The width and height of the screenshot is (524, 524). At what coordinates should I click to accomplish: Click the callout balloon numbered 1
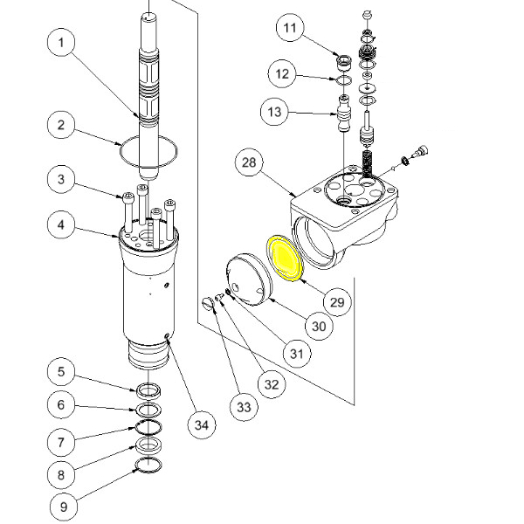61,42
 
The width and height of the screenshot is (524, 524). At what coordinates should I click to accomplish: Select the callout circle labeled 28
249,162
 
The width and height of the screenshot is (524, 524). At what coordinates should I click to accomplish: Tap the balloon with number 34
202,425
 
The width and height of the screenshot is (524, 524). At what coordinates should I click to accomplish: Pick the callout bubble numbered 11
290,27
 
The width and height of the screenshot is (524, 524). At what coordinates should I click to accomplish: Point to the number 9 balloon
64,507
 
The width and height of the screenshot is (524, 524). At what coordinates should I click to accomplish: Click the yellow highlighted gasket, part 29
285,258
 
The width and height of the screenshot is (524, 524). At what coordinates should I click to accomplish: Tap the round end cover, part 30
249,279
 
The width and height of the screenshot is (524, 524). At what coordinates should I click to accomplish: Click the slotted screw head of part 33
208,304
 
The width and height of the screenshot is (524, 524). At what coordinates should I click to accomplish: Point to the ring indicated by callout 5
149,390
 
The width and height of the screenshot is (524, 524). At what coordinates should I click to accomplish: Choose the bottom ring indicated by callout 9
149,465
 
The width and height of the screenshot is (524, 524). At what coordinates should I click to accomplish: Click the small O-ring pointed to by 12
343,80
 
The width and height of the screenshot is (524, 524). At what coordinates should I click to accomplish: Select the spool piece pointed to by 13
344,113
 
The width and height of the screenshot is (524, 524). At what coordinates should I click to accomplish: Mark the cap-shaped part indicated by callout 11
343,63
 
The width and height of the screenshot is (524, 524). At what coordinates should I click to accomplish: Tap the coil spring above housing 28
368,164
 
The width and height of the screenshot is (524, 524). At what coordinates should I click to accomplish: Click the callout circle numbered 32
272,384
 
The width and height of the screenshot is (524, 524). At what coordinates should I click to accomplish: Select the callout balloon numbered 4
61,224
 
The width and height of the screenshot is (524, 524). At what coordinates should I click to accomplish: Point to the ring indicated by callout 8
149,445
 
